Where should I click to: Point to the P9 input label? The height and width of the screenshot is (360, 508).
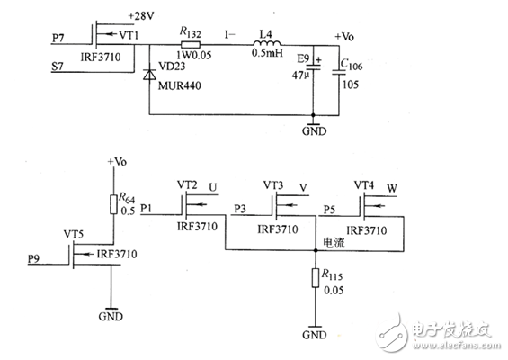pos(33,259)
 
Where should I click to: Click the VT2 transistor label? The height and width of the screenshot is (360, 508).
pos(187,184)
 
